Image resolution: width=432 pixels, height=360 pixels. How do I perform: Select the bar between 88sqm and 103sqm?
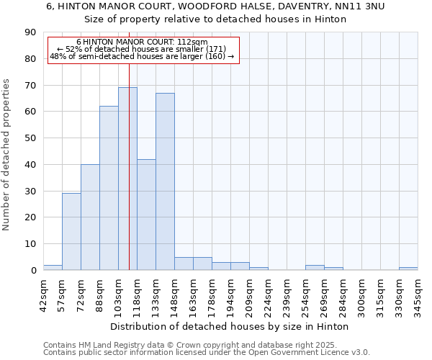point(109,188)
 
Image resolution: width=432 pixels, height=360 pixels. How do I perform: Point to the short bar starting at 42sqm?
point(53,267)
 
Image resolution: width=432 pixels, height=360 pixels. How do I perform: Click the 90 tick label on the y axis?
point(30,32)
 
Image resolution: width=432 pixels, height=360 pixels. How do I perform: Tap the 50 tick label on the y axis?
point(30,138)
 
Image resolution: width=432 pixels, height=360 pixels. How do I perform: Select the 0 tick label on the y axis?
point(33,270)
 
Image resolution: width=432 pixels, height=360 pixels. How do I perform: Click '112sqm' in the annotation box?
point(194,42)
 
